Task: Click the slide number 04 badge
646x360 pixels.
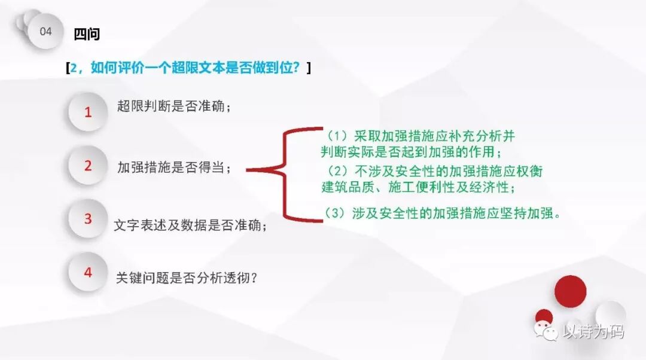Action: click(46, 32)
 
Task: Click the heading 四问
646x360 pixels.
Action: click(86, 34)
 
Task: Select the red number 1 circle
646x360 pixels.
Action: click(88, 111)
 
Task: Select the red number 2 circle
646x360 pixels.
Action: click(88, 166)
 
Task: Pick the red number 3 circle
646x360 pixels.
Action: click(88, 219)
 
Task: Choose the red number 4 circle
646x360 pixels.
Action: click(88, 272)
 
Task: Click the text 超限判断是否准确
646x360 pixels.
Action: click(173, 106)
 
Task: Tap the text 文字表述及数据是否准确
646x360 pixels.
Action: click(190, 226)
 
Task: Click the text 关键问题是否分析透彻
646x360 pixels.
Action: click(187, 277)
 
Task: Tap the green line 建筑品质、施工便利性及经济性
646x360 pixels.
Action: click(419, 187)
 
